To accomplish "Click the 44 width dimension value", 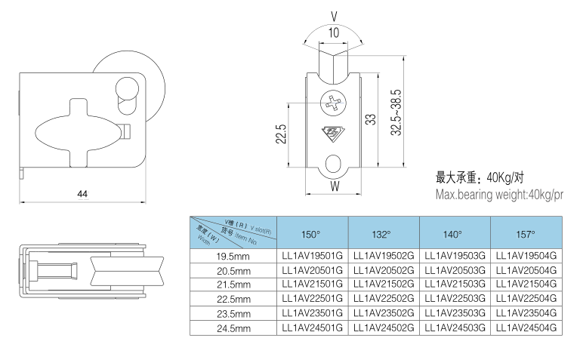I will coord(82,195).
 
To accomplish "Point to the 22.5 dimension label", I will coord(280,134).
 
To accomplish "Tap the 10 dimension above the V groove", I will coord(334,32).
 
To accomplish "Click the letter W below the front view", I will coord(334,185).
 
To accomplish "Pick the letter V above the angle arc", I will coord(334,14).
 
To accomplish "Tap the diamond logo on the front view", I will coord(333,134).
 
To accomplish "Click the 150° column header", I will coord(311,234).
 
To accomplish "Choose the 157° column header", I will coord(526,234).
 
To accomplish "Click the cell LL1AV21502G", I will coord(384,285).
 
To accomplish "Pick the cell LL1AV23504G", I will coord(526,313).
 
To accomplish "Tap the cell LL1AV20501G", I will coord(312,270).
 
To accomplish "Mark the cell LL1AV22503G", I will coord(455,299).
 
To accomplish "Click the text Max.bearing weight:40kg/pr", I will coord(499,195).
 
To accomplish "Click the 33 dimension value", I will coord(369,118).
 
